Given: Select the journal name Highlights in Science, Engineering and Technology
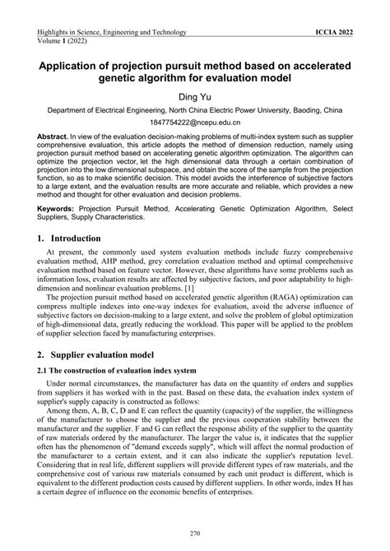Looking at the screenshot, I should (112, 32).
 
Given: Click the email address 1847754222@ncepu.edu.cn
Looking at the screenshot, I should (194, 122).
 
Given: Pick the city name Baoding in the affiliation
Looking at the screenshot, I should (306, 109).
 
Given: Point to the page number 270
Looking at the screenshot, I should (194, 535).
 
